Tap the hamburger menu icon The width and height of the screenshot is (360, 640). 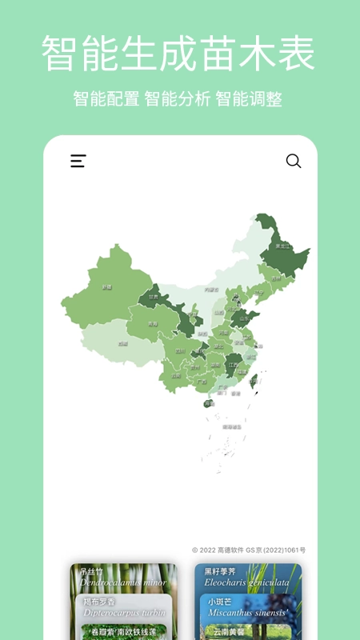point(78,161)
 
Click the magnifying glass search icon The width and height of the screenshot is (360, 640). point(294,161)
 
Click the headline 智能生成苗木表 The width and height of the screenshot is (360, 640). point(179,54)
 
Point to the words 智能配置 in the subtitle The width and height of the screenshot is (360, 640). point(106,99)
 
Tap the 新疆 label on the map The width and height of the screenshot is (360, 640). point(106,286)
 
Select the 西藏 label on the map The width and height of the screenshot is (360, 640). point(122,342)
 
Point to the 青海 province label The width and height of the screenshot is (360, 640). point(153,324)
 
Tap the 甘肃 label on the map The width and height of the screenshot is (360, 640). point(153,297)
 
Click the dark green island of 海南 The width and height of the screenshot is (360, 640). point(210,403)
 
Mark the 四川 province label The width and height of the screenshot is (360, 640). point(181,350)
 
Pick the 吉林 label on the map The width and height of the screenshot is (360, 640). point(276,278)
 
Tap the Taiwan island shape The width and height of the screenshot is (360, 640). point(254,382)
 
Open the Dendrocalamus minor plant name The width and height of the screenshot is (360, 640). point(123,582)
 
